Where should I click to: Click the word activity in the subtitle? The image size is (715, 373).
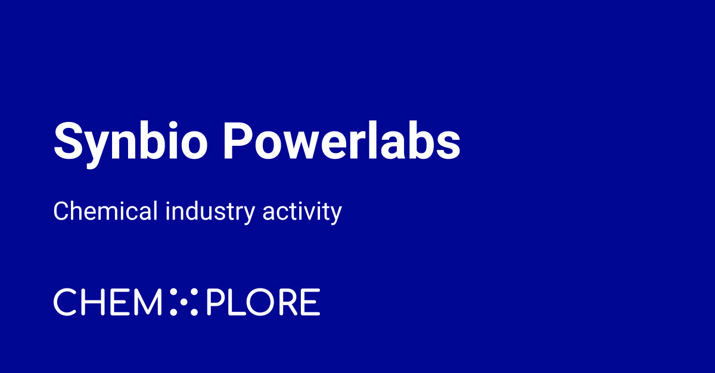302,212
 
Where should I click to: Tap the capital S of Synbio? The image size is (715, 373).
67,142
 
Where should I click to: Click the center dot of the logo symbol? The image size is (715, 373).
184,302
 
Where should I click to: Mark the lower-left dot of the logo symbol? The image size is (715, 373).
174,311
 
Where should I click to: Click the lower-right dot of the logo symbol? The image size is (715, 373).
193,311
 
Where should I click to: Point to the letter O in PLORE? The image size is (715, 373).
256,302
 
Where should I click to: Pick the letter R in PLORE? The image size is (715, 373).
285,302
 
